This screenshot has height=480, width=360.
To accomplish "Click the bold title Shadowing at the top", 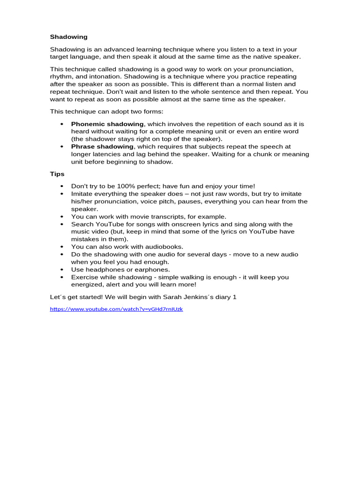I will coord(68,37).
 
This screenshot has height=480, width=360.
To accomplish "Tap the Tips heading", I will coord(57,174).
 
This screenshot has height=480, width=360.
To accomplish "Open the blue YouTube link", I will coord(116,309).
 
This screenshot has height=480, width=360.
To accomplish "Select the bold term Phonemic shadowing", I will coord(107,124).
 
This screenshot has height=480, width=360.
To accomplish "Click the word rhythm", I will coord(61,76).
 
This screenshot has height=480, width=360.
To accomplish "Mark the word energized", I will coord(88,285).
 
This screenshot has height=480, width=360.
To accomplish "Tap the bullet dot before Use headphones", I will coord(61,270).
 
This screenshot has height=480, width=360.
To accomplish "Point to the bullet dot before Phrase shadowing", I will coord(61,147).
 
